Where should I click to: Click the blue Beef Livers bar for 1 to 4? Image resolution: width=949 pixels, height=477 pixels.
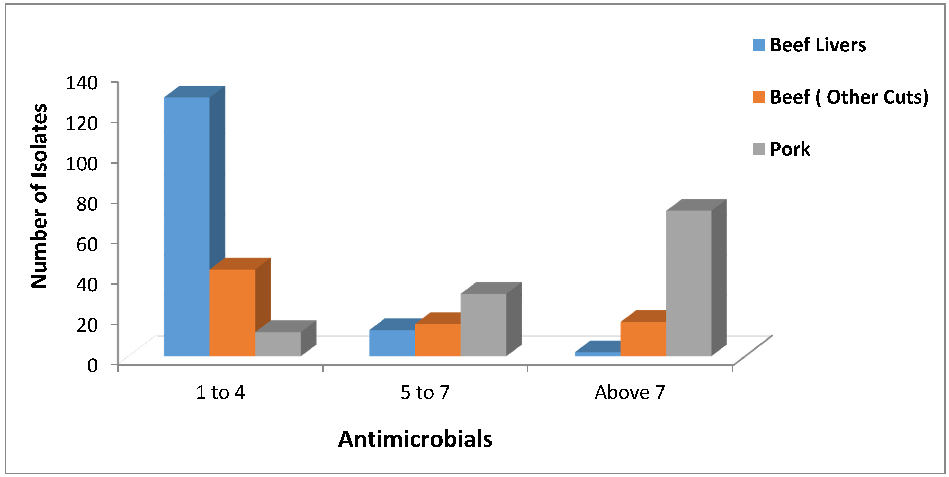(x=186, y=226)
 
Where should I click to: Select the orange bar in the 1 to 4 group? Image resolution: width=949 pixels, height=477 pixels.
(x=232, y=313)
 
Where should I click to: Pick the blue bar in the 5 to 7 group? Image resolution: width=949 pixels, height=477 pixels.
(x=392, y=343)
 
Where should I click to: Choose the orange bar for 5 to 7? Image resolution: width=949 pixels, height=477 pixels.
(x=438, y=340)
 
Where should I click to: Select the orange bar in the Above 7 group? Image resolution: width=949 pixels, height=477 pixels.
(x=643, y=339)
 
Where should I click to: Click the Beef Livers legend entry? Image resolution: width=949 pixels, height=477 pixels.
(x=818, y=45)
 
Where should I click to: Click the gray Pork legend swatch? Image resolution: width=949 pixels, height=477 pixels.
(x=758, y=149)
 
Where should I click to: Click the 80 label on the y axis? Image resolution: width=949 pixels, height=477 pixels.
(x=87, y=204)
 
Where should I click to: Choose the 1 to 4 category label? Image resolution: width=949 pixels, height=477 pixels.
(x=220, y=392)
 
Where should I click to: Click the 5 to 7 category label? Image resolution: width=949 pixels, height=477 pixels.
(x=425, y=392)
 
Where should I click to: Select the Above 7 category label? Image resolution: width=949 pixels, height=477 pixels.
(x=630, y=392)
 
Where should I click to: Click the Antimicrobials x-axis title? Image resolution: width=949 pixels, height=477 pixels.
(x=415, y=439)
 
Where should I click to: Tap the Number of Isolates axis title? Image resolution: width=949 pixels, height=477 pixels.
(x=39, y=196)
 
